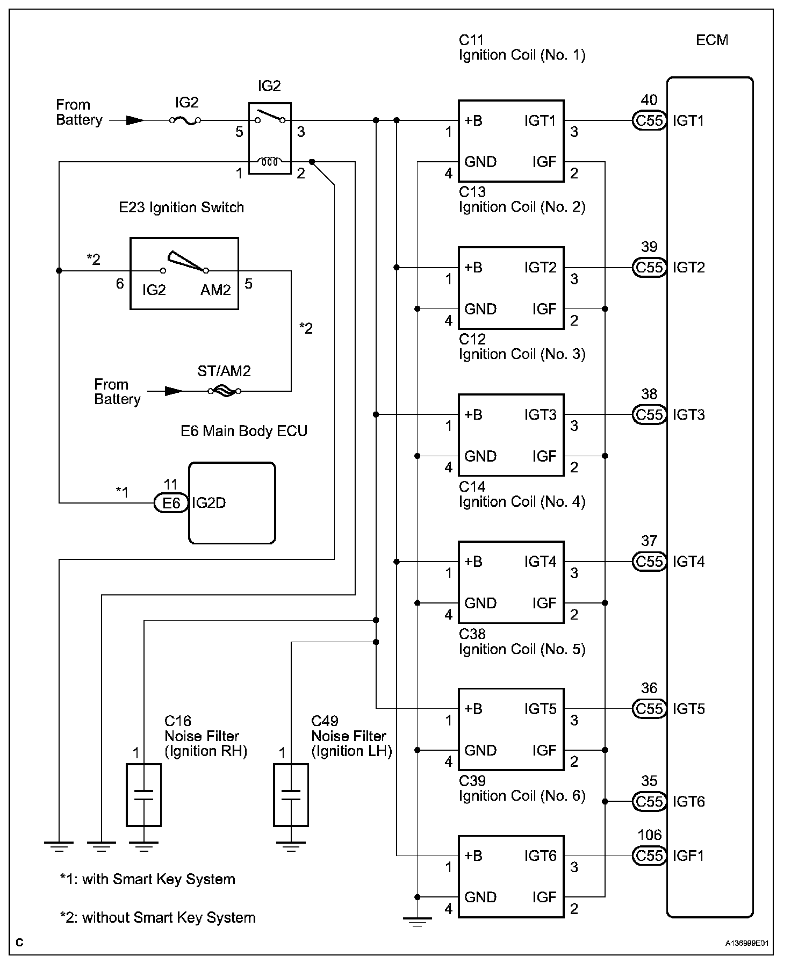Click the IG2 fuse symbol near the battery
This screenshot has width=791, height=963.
point(185,121)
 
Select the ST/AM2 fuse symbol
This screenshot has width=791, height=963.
point(224,391)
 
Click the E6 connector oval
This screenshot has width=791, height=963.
point(171,503)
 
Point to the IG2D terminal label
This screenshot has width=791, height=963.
point(208,503)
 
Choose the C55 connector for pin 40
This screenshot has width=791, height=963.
point(649,121)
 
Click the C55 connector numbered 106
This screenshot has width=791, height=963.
point(649,856)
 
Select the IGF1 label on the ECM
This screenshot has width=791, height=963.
point(688,856)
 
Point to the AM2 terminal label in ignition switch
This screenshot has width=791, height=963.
point(215,290)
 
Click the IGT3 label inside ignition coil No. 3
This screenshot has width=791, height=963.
point(541,415)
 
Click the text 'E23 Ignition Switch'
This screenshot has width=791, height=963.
point(181,208)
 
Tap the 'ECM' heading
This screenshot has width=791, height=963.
point(712,40)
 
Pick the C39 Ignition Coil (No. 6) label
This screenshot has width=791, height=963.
point(522,789)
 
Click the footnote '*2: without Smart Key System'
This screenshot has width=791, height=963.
point(157,917)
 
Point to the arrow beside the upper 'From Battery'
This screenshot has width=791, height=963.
point(134,121)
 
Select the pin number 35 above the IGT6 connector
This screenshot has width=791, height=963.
point(649,781)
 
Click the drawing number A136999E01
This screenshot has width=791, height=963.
point(747,943)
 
